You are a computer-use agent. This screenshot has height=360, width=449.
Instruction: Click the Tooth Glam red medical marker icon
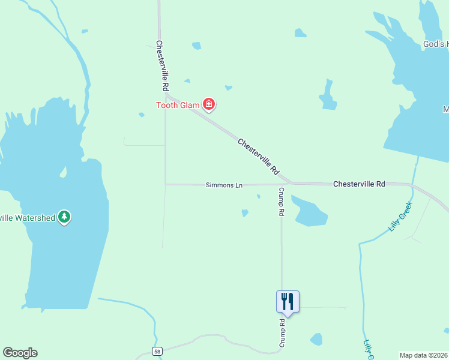(x=209, y=105)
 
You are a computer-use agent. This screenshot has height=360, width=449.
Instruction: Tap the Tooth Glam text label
(x=178, y=106)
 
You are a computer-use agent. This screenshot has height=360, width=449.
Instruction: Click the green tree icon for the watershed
(x=64, y=217)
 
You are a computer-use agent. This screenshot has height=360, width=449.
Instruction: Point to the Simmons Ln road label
(x=224, y=185)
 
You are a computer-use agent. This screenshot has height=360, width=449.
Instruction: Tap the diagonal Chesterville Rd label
(x=259, y=157)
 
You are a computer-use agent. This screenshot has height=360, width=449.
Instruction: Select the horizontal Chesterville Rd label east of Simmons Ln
(x=359, y=184)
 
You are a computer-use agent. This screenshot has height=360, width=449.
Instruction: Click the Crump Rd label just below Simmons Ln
(x=280, y=201)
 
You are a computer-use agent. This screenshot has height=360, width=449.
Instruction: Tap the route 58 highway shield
(x=157, y=352)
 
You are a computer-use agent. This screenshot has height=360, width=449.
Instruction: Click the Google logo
(x=20, y=353)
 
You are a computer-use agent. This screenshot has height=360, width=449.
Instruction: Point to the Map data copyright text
(x=423, y=355)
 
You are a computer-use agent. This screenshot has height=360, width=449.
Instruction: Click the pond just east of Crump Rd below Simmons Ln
(x=309, y=212)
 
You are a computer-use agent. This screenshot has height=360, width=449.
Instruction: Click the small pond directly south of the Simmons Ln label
(x=245, y=212)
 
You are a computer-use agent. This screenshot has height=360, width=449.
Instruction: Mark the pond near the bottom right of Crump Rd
(x=316, y=340)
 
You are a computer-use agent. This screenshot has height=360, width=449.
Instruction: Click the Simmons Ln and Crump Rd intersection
(x=282, y=184)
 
